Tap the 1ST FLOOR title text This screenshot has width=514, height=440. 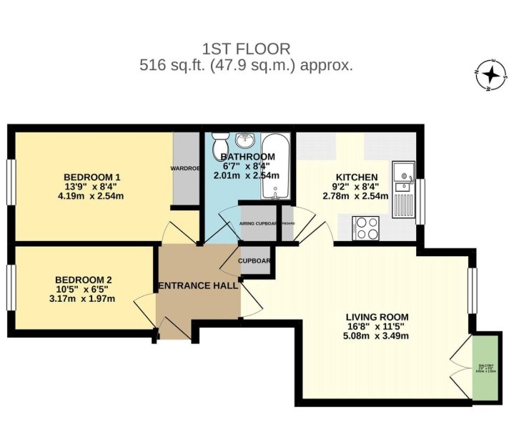[247, 49]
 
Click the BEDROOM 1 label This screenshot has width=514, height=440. [92, 177]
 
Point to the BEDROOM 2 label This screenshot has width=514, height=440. [84, 280]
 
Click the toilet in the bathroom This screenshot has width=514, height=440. [219, 141]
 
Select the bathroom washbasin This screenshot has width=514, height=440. [247, 140]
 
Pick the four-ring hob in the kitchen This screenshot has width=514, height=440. [367, 228]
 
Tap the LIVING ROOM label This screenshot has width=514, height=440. [377, 317]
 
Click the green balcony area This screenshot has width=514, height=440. [485, 368]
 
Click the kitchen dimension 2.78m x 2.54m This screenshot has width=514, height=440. [355, 195]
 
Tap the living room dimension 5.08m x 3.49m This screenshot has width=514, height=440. [377, 336]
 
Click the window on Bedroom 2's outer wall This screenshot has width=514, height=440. [11, 288]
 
